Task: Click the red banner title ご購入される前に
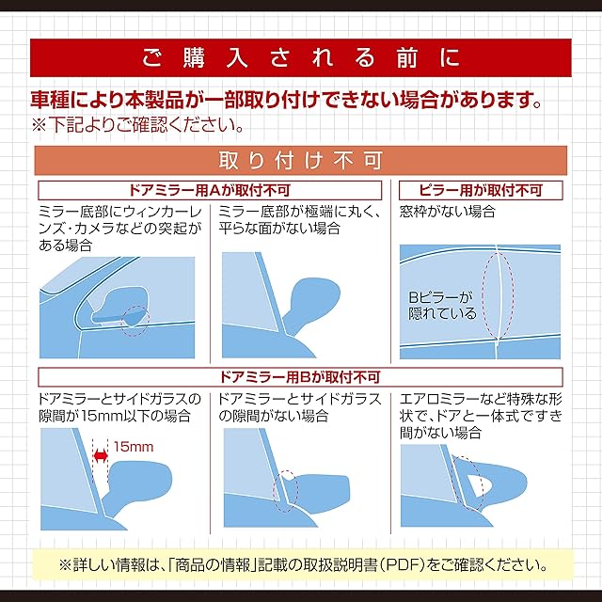pos(301,58)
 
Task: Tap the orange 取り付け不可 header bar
pos(301,161)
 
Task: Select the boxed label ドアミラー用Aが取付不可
pos(210,190)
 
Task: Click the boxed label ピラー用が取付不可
pos(481,190)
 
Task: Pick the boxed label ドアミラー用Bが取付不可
pos(300,377)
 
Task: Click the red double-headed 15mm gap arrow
pos(101,455)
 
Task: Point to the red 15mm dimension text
pos(134,447)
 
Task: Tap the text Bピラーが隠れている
pos(441,306)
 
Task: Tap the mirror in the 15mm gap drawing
pos(138,484)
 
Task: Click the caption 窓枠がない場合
pos(448,212)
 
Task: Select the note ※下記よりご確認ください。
pos(137,125)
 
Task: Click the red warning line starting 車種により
pos(286,100)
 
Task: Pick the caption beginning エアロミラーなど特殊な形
pos(481,416)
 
